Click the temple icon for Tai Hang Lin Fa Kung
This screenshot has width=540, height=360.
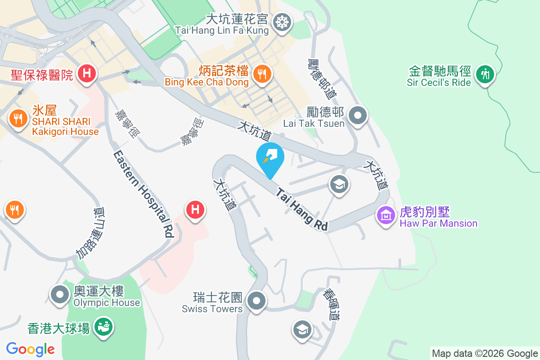(x=282, y=21)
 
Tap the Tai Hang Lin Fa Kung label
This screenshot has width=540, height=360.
(x=222, y=31)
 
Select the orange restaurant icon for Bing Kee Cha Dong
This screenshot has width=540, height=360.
(x=261, y=72)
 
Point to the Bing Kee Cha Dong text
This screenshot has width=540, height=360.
(x=207, y=82)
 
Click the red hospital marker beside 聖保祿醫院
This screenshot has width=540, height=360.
(x=85, y=72)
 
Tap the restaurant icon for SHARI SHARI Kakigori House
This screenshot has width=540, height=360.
(x=18, y=118)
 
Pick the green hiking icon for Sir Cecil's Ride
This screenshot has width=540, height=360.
(x=485, y=73)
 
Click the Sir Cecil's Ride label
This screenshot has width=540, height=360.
(x=439, y=83)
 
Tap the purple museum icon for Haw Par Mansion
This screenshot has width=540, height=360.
(x=386, y=215)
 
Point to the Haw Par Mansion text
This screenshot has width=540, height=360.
(x=438, y=223)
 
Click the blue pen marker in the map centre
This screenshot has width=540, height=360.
(x=270, y=157)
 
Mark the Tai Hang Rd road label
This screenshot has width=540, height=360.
(x=301, y=210)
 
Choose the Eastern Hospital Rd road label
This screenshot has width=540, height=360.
(x=143, y=194)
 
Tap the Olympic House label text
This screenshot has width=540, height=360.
(x=107, y=302)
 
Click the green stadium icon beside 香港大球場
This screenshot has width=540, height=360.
(x=104, y=327)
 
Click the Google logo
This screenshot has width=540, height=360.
(x=31, y=349)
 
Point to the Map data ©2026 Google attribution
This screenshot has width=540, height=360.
(x=485, y=354)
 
